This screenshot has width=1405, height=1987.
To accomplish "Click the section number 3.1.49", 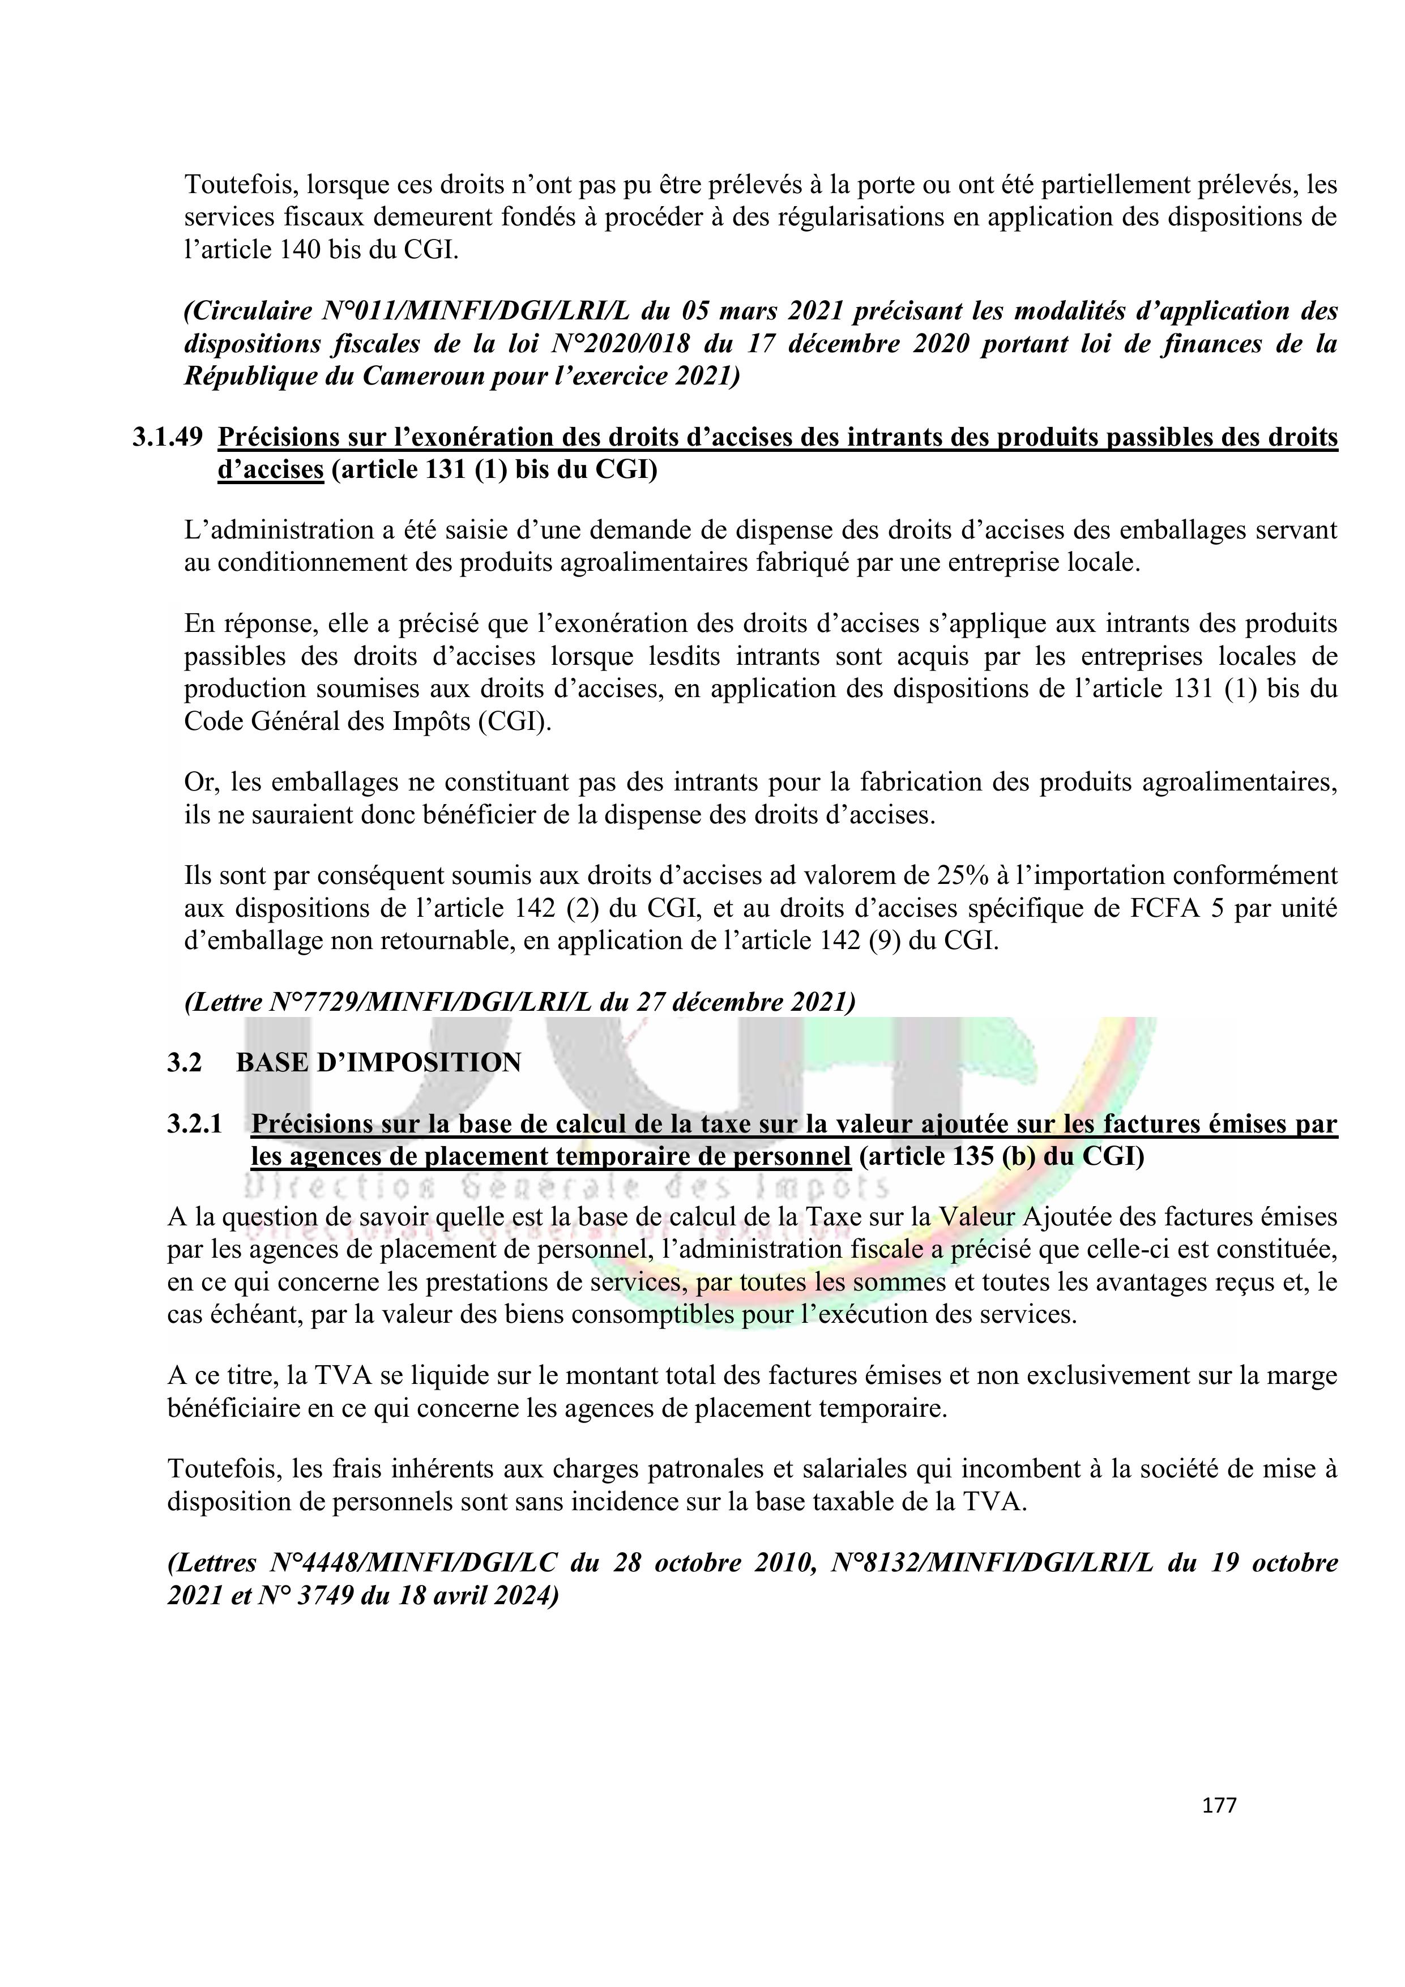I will (167, 438).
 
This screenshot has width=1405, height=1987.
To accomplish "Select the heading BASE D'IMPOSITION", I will (378, 1062).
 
